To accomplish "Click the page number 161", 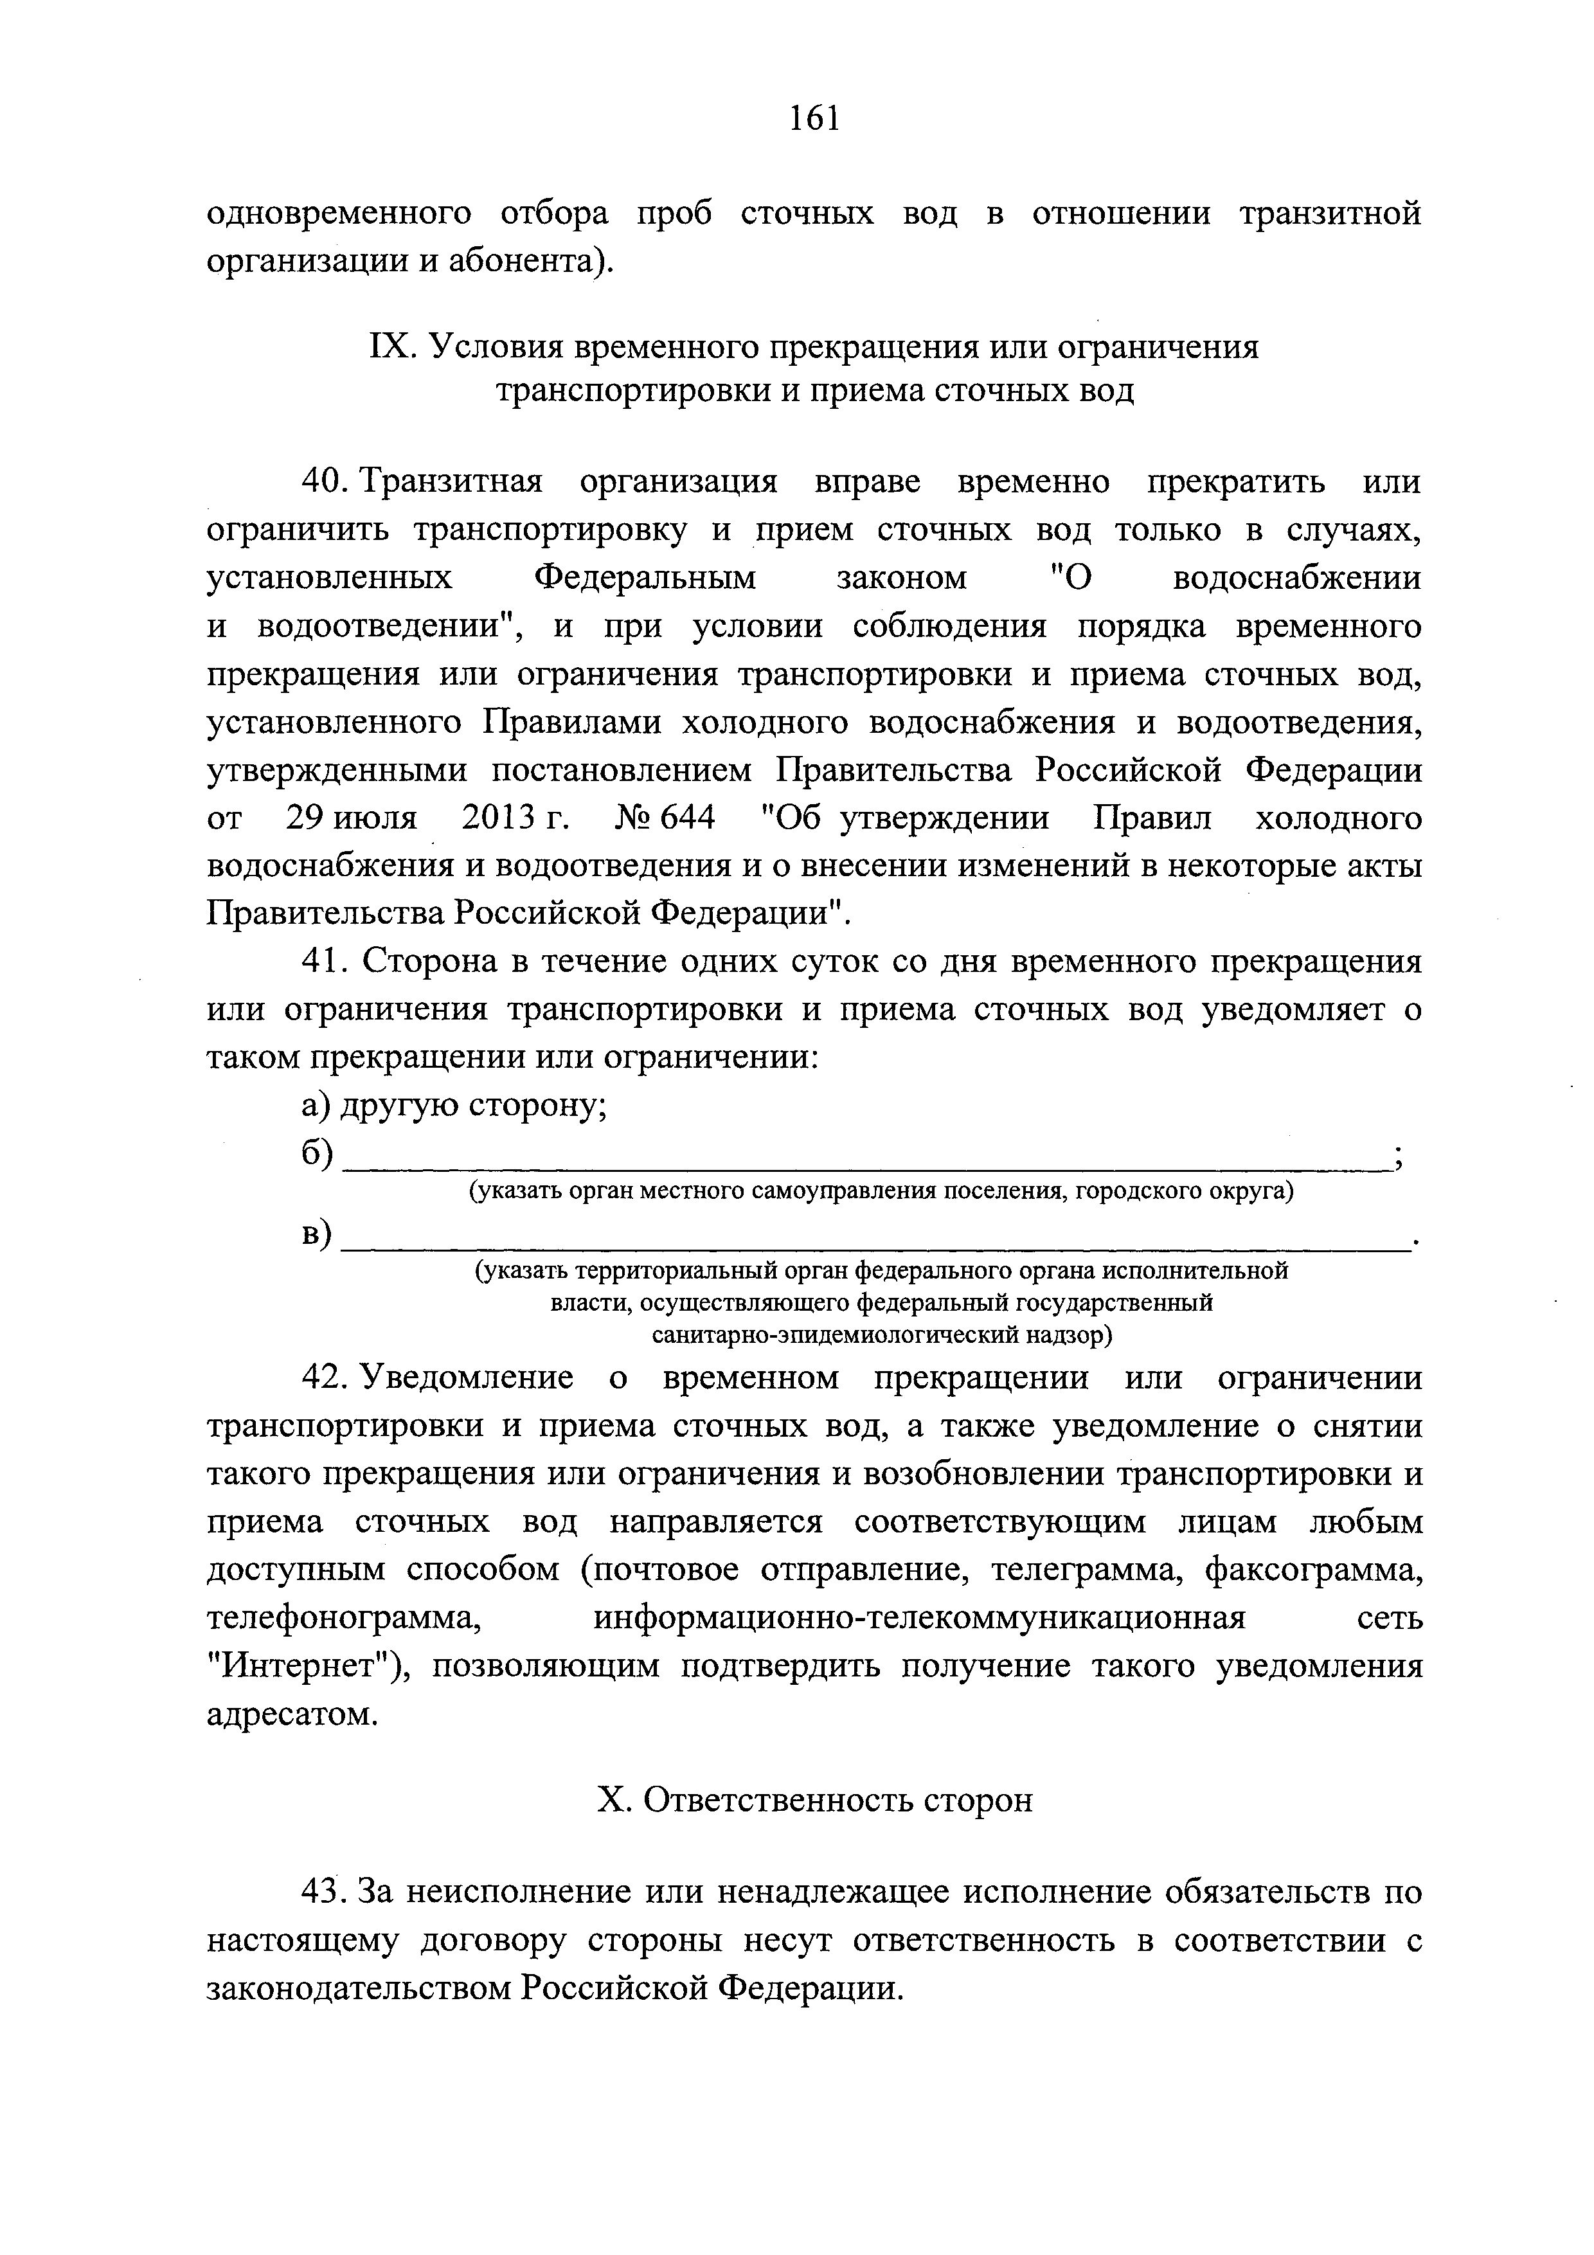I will point(814,117).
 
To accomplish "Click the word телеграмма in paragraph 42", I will point(1075,1570).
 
